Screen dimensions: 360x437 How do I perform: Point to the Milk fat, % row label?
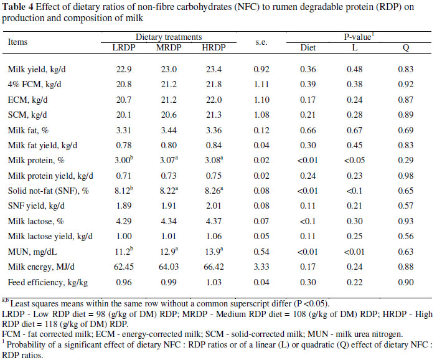click(29, 130)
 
